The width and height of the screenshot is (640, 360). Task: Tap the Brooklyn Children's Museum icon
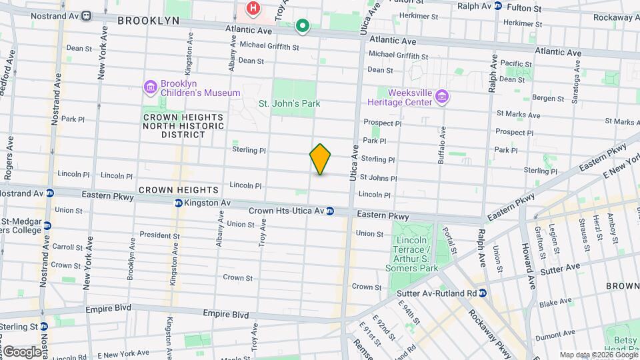[x=149, y=87]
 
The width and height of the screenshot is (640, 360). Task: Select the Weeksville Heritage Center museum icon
[x=441, y=98]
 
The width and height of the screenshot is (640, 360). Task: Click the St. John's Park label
[x=289, y=103]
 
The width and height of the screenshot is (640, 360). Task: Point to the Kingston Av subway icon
[x=179, y=203]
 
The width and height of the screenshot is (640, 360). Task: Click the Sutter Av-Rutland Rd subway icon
[x=483, y=293]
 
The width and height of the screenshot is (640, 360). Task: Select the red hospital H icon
[x=253, y=9]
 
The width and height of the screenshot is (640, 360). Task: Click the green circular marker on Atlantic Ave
[x=302, y=27]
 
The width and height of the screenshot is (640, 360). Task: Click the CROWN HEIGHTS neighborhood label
[x=169, y=190]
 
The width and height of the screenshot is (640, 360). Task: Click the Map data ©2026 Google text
[x=599, y=355]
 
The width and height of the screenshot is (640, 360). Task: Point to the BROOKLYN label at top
[x=148, y=21]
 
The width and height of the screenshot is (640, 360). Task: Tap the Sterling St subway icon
[x=44, y=327]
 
